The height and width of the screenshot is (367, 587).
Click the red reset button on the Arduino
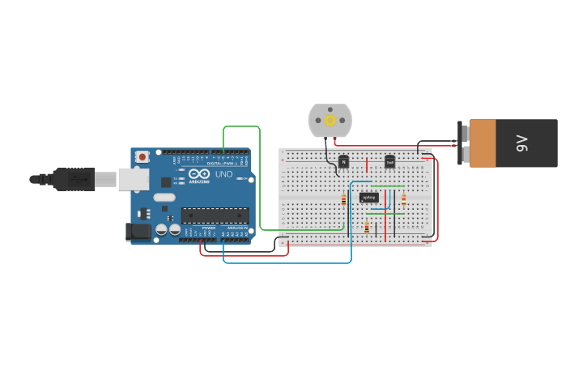142,156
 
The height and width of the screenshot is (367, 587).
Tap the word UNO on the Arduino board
223,174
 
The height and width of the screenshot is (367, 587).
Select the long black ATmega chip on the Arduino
215,216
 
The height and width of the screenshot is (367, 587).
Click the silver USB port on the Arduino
134,179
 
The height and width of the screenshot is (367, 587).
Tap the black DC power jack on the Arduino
139,232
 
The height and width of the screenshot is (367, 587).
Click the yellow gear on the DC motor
330,120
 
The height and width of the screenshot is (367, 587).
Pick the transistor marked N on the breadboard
343,162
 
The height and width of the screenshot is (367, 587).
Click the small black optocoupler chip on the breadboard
368,197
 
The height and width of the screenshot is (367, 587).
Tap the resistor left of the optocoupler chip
343,199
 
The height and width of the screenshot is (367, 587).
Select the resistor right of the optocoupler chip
403,199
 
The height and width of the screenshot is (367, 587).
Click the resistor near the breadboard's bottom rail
367,228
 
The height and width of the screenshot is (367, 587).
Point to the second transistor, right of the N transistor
389,162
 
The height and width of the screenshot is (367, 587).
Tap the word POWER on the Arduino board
208,228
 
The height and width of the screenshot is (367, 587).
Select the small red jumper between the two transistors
367,165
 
